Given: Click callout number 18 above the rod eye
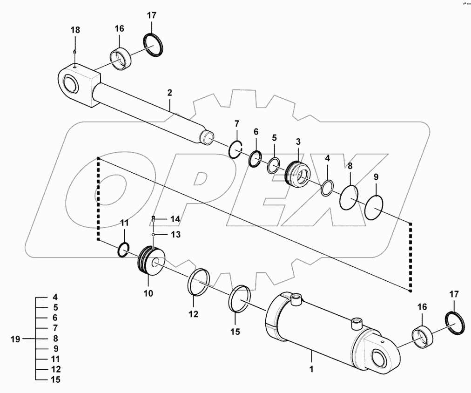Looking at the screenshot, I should pos(75,30).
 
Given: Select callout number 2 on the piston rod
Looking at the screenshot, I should pos(170,93).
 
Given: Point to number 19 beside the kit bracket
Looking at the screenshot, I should pos(15,339).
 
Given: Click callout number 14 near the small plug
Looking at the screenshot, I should pos(175,218).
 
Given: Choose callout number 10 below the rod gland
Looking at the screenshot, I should pos(148,294).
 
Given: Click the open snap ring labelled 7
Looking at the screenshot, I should pos(235,149).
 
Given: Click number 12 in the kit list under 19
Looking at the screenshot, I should pos(55,369).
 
